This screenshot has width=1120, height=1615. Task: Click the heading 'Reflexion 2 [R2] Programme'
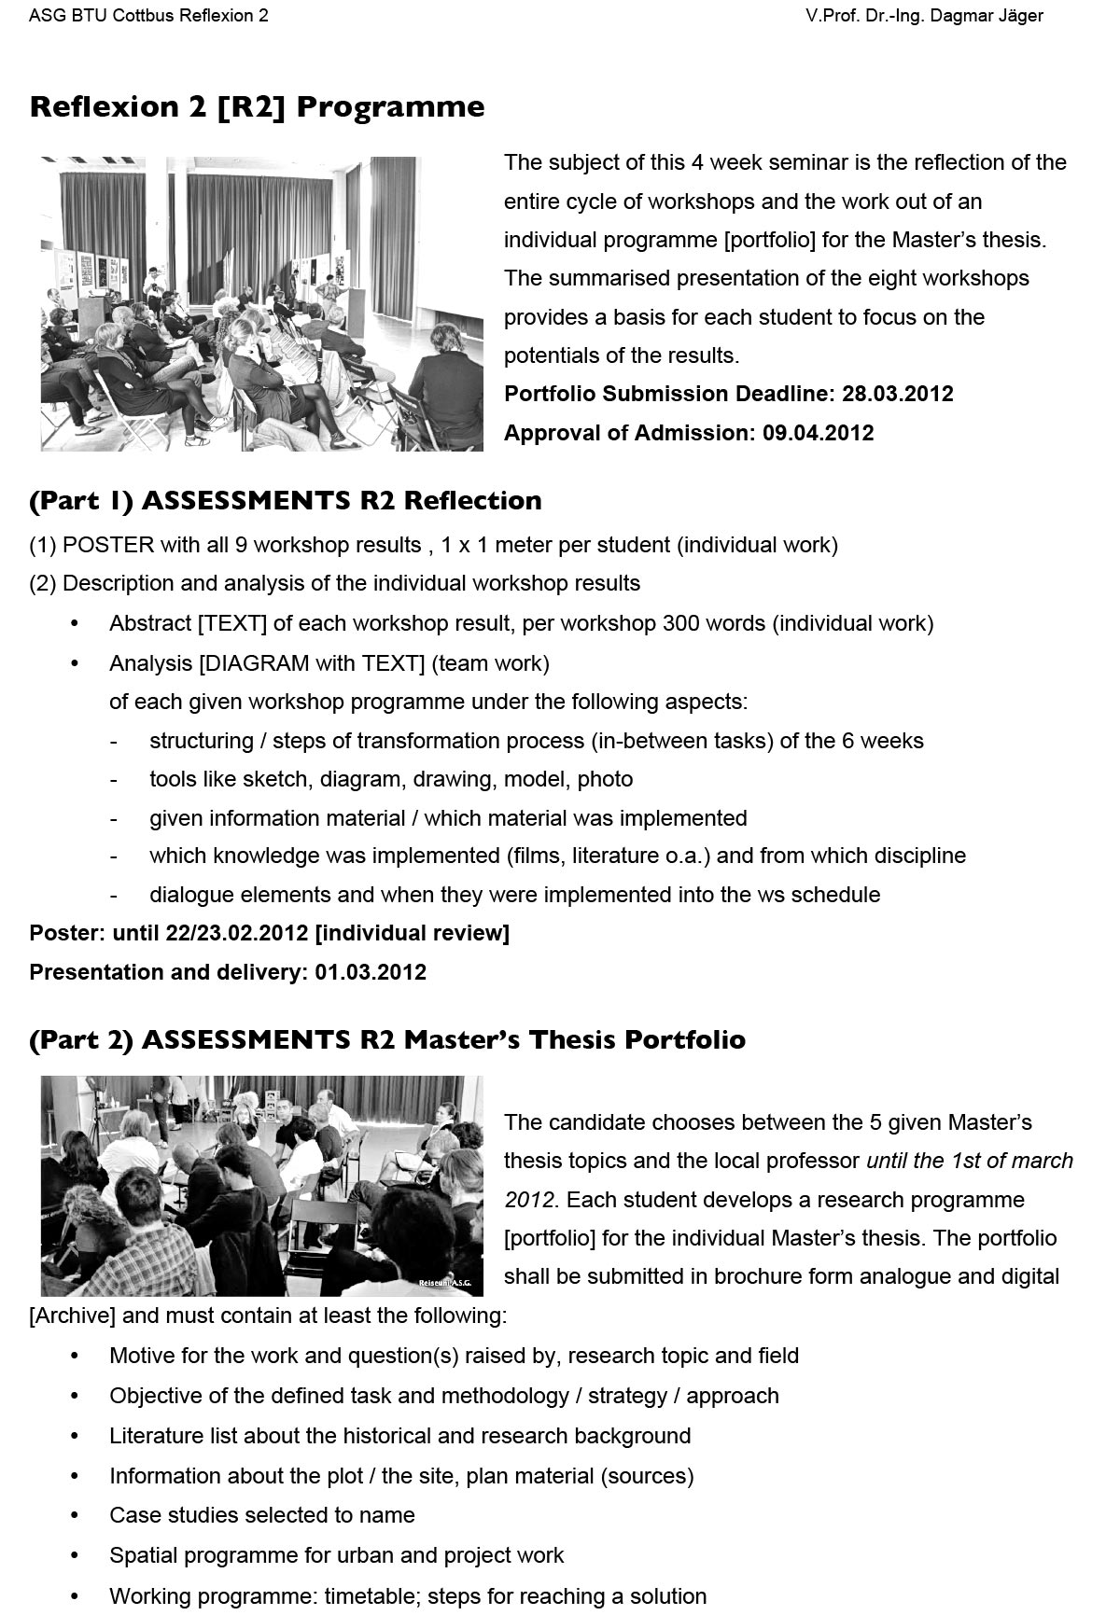click(257, 107)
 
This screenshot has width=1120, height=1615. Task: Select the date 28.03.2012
click(897, 394)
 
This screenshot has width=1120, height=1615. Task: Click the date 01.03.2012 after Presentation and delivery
click(371, 972)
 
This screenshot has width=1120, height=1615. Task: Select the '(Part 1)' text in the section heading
click(81, 501)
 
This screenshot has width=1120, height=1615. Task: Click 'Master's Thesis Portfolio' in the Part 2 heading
click(574, 1040)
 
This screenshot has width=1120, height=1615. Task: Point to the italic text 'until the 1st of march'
click(970, 1161)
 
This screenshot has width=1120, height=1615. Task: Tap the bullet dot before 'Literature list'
click(75, 1436)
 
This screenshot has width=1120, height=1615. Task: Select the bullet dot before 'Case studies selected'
click(75, 1515)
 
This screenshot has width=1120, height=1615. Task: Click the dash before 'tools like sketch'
click(113, 779)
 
